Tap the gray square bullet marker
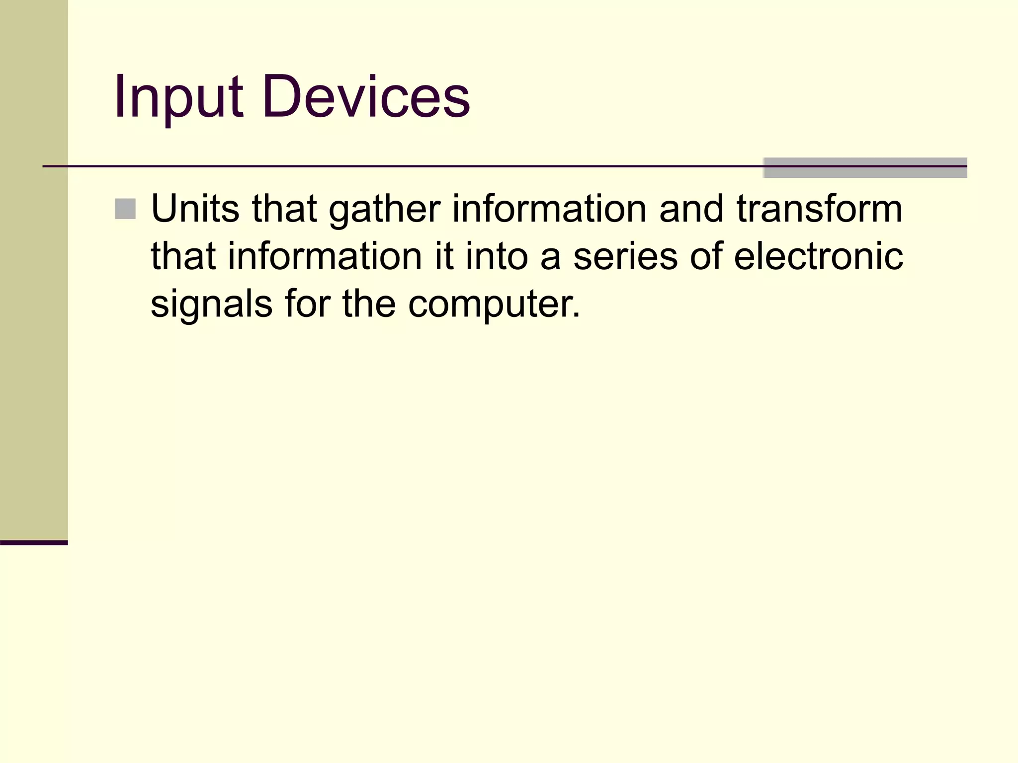(125, 209)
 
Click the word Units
(195, 209)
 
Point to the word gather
(384, 210)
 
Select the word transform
(819, 209)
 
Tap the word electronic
(818, 256)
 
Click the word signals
(211, 305)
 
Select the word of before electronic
(706, 256)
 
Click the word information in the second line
(325, 256)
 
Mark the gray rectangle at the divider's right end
(865, 168)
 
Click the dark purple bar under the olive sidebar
(34, 542)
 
